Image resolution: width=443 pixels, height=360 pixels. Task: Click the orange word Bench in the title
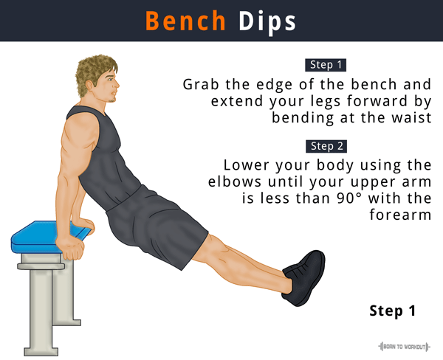185,21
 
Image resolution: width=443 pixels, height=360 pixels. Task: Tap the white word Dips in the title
267,23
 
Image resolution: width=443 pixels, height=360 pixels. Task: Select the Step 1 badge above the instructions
326,65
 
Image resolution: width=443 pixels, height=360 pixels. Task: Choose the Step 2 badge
326,146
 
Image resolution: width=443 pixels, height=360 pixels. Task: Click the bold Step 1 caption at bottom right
393,311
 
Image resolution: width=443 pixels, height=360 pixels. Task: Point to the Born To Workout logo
404,346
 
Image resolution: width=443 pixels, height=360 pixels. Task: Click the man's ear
90,86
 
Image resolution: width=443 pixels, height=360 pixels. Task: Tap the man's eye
109,80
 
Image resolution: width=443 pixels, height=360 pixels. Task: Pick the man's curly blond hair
95,73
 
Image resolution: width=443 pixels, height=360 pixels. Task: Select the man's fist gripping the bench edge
70,249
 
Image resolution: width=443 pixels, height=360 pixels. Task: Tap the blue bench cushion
40,237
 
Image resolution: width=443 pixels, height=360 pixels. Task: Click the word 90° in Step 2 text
349,198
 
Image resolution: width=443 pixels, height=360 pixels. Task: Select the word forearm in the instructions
400,215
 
